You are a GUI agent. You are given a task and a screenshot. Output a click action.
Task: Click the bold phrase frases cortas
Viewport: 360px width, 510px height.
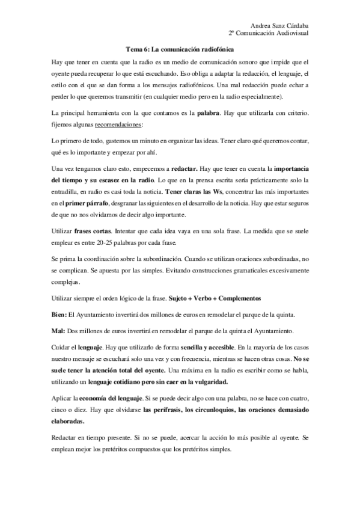click(x=94, y=231)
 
